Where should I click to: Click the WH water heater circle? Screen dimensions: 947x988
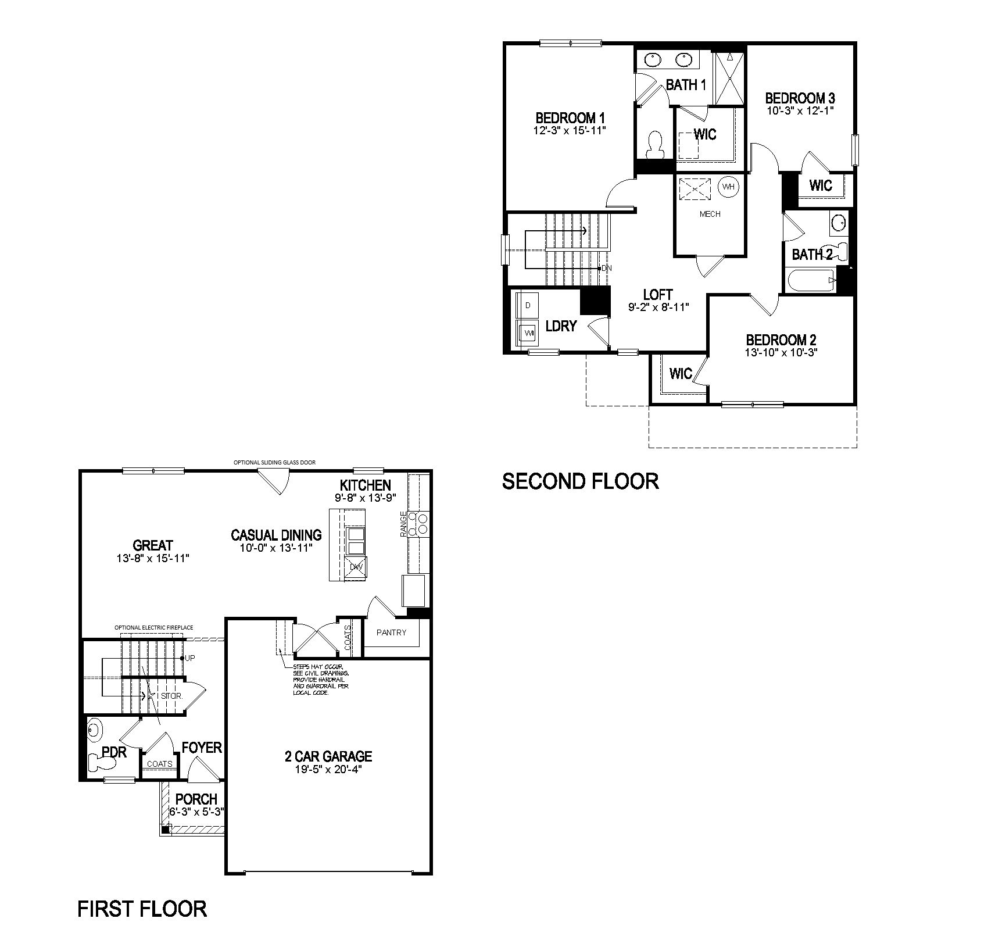[728, 187]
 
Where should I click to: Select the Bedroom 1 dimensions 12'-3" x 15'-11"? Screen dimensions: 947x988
[570, 130]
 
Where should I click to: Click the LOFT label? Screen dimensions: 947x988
[658, 294]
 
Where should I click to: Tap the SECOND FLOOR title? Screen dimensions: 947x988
[580, 481]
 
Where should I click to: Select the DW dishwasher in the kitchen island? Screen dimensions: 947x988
[355, 567]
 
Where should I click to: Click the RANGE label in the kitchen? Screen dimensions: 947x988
[403, 524]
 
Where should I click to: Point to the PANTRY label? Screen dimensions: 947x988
[391, 632]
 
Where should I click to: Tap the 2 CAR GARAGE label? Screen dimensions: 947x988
[328, 756]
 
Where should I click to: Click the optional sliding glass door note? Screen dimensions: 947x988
[274, 463]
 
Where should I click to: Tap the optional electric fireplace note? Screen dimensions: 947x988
[153, 628]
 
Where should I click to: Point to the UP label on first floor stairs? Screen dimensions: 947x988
[189, 657]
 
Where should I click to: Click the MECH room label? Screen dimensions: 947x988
[710, 214]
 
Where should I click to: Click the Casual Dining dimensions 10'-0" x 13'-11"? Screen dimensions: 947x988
[276, 548]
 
